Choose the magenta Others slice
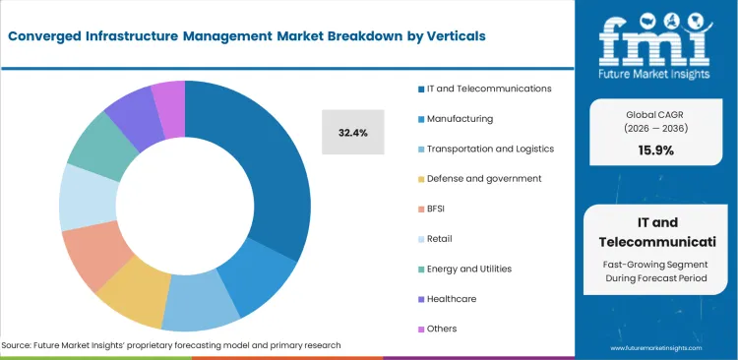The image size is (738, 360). coord(168,95)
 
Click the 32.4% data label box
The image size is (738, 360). coord(352,131)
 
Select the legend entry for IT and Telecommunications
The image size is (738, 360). coord(489,89)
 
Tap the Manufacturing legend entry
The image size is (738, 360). coord(461,118)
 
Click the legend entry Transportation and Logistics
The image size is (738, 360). coord(490,149)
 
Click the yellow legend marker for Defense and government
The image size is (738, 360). coord(420,179)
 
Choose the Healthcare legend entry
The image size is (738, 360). coord(454,298)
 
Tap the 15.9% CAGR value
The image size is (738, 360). coord(656,150)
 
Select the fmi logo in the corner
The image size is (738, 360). coord(657,45)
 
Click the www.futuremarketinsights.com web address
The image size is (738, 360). coord(655,348)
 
